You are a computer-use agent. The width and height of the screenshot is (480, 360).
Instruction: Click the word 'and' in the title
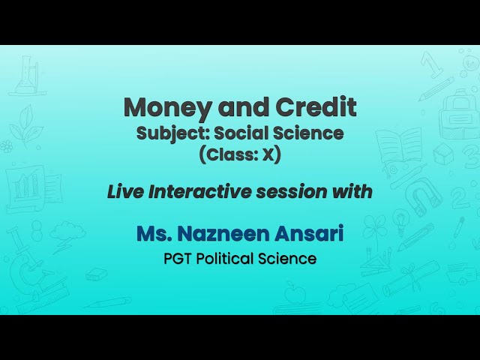(236, 108)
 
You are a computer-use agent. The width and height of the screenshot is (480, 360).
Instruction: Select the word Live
(126, 192)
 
